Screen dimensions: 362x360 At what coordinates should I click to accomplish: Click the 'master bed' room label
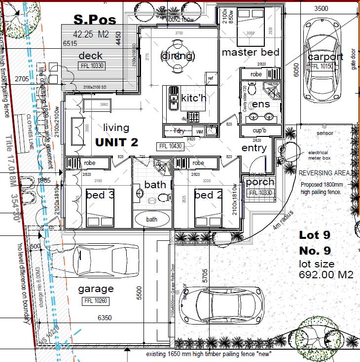251,52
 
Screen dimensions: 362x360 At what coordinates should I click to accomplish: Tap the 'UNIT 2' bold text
117,142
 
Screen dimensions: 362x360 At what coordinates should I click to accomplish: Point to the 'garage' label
96,289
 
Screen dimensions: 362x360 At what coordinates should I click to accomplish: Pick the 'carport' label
325,57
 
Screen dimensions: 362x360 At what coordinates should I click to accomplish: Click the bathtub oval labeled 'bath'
151,219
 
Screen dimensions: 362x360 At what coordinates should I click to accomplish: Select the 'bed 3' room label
100,196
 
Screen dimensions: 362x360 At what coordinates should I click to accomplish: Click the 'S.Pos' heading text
95,20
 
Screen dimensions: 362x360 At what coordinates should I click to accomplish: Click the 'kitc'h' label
193,99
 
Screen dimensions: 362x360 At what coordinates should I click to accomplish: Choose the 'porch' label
260,183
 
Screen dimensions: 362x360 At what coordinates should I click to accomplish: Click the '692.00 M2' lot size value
326,275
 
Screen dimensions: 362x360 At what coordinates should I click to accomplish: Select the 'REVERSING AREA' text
324,173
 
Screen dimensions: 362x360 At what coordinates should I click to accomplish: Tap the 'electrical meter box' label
318,156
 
